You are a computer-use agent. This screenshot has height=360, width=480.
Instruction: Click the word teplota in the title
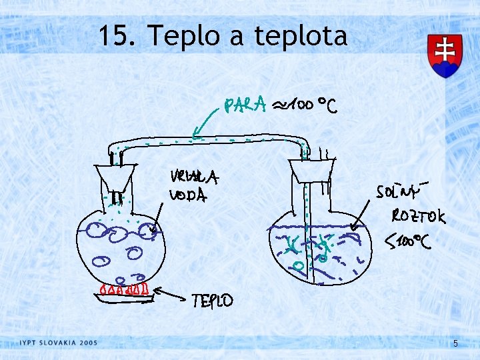(x=301, y=36)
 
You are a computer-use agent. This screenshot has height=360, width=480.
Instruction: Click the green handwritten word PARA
(x=246, y=105)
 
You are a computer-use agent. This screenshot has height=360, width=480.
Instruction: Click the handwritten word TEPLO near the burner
(x=213, y=301)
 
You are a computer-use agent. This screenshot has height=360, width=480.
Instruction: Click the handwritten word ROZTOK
(x=419, y=216)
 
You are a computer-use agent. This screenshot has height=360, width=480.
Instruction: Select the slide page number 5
(x=455, y=343)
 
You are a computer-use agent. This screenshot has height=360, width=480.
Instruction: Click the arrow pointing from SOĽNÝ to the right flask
(x=363, y=212)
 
